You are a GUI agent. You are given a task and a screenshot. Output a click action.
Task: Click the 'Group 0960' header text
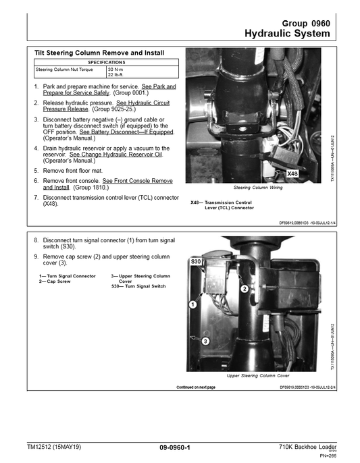pyautogui.click(x=306, y=23)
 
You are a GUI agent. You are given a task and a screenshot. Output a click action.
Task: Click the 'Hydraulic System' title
pyautogui.click(x=287, y=34)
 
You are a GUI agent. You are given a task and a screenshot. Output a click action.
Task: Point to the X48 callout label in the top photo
pyautogui.click(x=292, y=174)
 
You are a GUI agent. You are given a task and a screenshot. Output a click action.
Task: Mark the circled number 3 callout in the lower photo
pyautogui.click(x=204, y=342)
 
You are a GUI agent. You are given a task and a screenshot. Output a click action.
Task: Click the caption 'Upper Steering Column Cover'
pyautogui.click(x=258, y=375)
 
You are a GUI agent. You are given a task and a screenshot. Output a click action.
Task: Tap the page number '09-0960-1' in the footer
pyautogui.click(x=175, y=447)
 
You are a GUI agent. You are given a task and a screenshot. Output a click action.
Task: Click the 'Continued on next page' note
pyautogui.click(x=196, y=387)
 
